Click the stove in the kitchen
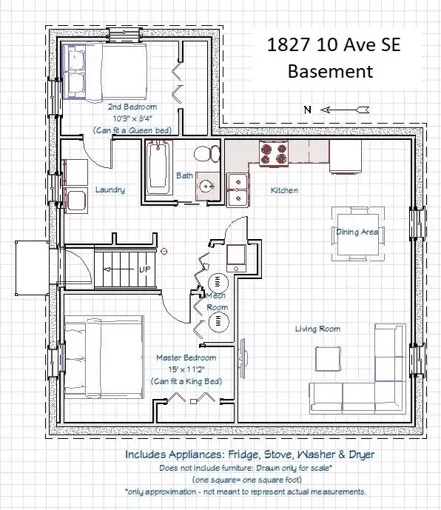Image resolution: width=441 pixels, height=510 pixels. [x=274, y=154]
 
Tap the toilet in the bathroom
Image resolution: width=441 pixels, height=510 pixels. [x=207, y=153]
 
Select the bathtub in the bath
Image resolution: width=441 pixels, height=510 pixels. [x=158, y=168]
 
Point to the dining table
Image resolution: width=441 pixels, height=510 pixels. [x=357, y=234]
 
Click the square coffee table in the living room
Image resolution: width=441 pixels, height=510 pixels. [x=328, y=359]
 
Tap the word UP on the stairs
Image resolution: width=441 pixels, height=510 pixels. [x=145, y=269]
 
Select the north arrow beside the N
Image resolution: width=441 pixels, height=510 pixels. [x=345, y=110]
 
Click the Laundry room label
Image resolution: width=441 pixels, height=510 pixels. [x=110, y=189]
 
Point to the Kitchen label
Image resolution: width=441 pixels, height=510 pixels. [x=284, y=190]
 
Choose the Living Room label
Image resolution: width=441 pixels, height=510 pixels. [x=317, y=329]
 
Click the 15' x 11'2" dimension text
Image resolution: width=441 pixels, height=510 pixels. [x=186, y=369]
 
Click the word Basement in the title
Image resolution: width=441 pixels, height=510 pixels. [x=331, y=72]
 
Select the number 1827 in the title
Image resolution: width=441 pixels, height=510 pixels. [x=288, y=44]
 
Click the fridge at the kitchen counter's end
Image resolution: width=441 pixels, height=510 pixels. [x=345, y=157]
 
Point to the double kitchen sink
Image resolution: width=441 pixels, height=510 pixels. [x=238, y=190]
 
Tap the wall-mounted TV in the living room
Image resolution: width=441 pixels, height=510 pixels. [x=243, y=358]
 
